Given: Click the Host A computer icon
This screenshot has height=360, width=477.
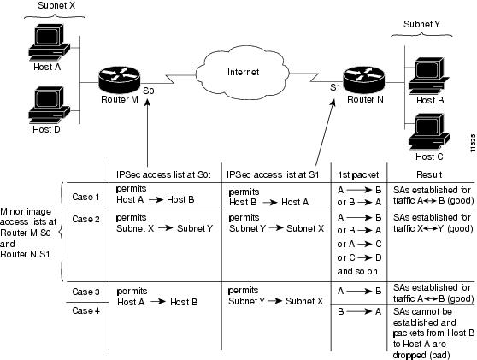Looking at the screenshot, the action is tap(50, 42).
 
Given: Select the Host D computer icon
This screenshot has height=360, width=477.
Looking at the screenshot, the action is tap(50, 104).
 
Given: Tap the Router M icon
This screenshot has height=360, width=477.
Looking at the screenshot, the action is tap(120, 80).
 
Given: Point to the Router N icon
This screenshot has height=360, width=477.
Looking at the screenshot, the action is tap(364, 80).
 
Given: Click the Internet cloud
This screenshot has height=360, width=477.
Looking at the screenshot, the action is tap(243, 73).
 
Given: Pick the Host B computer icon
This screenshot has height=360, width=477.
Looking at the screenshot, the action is tap(429, 76).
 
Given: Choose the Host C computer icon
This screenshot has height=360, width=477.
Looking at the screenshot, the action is tap(429, 132).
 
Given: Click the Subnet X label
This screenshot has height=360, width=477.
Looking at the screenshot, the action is tap(56, 5).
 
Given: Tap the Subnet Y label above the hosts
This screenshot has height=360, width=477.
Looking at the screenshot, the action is tap(421, 24).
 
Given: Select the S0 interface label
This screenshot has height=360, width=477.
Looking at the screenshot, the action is tap(149, 91).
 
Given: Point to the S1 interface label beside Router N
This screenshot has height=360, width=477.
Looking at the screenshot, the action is tap(335, 87).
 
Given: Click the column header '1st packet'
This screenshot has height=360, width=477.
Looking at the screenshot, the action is tap(358, 174).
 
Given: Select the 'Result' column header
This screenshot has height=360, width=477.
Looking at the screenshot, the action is tap(429, 174).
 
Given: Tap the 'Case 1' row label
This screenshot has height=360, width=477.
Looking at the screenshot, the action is tap(85, 197).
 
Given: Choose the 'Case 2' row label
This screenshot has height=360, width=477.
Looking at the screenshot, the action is tap(85, 219).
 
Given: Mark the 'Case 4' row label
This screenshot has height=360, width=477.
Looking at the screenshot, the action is tap(85, 310).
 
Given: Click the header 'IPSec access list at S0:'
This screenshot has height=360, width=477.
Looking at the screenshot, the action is tap(163, 174).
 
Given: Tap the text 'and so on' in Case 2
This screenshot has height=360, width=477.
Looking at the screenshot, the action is tap(357, 271).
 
